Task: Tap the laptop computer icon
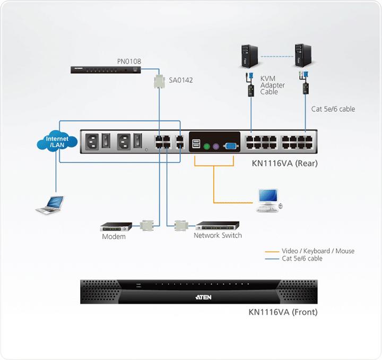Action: click(x=49, y=204)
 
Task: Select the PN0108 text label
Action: click(x=129, y=62)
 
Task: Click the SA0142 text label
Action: click(x=181, y=80)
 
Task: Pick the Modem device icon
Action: click(x=113, y=225)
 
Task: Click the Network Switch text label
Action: click(x=218, y=235)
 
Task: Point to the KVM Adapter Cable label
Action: click(x=272, y=85)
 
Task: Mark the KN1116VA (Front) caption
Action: click(x=283, y=312)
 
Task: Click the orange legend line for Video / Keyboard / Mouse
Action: click(x=273, y=251)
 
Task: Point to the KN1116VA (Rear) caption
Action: click(x=284, y=163)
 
